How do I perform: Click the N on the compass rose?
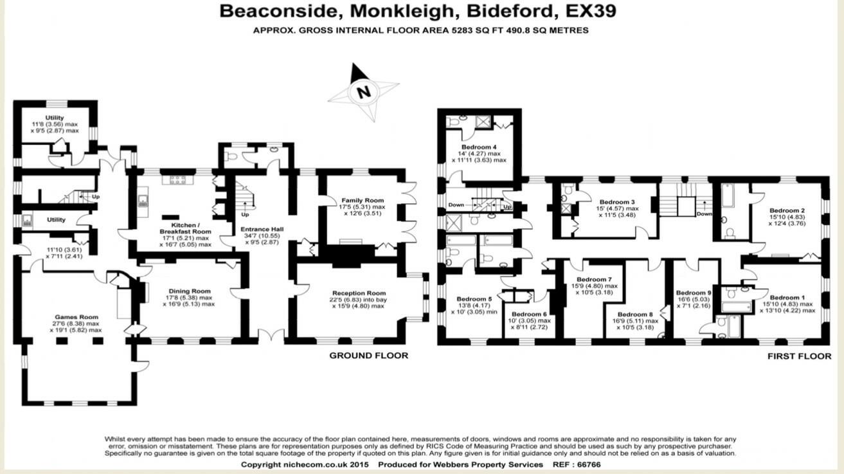click(x=364, y=93)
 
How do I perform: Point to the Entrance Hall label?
click(x=262, y=230)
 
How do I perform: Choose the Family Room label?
click(x=363, y=201)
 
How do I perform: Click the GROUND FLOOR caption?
click(x=368, y=355)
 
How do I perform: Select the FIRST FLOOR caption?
click(x=799, y=355)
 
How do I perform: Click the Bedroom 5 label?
click(x=474, y=299)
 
